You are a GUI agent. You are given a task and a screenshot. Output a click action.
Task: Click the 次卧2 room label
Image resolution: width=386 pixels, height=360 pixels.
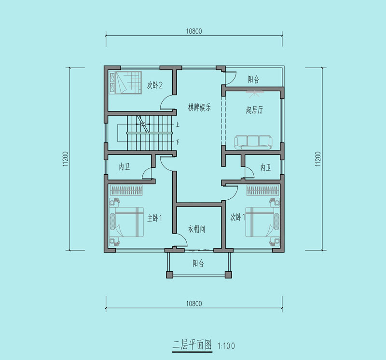pos(154,85)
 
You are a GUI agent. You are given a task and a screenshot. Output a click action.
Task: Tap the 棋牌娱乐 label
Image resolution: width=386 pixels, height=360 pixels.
pos(199,108)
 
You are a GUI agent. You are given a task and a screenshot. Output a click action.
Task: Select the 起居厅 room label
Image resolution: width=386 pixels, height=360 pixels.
pos(254,110)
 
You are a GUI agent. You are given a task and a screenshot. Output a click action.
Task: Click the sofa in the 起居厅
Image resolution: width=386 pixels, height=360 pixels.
pos(253,142)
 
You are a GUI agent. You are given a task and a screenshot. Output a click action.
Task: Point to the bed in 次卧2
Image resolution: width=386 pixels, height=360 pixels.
pos(125,83)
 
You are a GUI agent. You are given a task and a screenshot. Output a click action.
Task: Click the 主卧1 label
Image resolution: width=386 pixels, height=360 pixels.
pos(154,218)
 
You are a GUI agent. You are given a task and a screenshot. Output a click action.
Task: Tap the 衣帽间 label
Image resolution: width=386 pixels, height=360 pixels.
pos(196,229)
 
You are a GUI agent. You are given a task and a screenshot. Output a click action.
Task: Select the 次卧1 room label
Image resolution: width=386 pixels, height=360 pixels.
pos(237,217)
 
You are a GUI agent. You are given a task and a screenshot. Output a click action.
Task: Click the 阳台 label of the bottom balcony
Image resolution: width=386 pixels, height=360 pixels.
pos(198,263)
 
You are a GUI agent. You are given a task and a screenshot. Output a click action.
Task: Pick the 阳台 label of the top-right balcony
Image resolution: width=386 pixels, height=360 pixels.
pos(253,80)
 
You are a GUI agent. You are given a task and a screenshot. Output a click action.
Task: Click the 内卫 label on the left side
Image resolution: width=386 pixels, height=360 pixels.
pos(124,167)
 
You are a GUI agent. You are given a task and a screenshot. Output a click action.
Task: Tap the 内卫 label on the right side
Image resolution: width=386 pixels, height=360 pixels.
pos(266,167)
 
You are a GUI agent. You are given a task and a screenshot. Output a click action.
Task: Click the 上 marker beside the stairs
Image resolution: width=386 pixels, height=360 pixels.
pos(177,125)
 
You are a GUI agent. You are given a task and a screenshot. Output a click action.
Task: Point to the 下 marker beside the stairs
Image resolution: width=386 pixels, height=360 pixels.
pos(177,142)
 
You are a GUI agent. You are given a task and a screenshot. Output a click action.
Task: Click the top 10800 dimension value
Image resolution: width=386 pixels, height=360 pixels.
pos(194,31)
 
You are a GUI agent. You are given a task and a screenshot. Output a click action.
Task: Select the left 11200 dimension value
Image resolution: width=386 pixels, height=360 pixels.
pos(66,159)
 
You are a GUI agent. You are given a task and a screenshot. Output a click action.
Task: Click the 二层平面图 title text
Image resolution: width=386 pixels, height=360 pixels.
pos(192,345)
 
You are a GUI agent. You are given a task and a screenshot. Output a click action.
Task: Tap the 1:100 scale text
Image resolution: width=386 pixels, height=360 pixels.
pos(226,346)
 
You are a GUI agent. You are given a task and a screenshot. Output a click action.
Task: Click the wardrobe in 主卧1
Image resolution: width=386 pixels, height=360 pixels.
pos(126,190)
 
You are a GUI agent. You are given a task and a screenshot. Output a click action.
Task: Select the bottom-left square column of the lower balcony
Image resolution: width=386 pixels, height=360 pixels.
pos(170,275)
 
